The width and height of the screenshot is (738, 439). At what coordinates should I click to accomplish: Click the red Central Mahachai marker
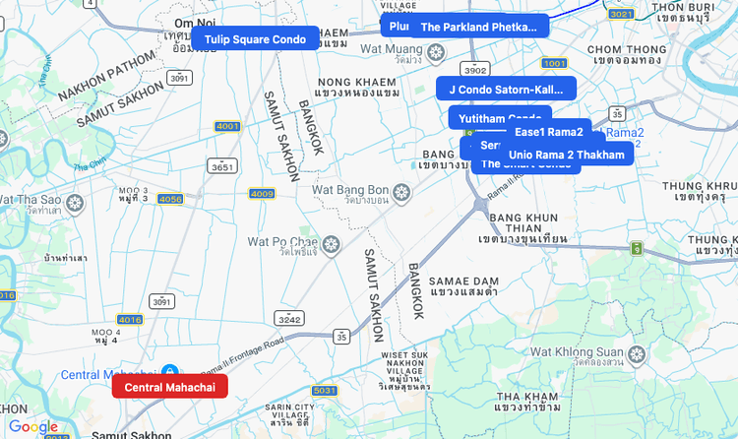tap(169, 387)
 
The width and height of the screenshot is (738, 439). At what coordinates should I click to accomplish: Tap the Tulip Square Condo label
tap(255, 39)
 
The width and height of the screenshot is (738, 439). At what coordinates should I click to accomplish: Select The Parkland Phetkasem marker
tap(479, 27)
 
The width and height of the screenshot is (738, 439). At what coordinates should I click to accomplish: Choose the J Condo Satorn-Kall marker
tap(506, 89)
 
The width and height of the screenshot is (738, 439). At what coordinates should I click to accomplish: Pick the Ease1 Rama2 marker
tap(549, 132)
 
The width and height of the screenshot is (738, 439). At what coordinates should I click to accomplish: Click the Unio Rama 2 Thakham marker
tap(566, 155)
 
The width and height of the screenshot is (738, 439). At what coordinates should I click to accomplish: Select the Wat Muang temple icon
tap(425, 48)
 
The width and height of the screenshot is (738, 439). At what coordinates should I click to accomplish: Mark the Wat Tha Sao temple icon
tap(75, 202)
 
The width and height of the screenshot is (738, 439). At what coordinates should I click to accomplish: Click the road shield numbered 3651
tap(222, 167)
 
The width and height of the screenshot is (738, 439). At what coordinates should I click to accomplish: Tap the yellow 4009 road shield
tap(262, 193)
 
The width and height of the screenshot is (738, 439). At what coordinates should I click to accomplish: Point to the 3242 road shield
tap(289, 319)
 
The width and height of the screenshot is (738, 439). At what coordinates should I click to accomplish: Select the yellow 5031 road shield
tap(325, 391)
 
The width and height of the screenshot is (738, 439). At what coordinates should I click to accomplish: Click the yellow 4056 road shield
tap(170, 199)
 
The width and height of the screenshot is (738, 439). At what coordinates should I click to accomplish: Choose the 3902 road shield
tap(476, 70)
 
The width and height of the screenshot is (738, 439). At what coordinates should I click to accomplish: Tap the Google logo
tap(33, 427)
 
